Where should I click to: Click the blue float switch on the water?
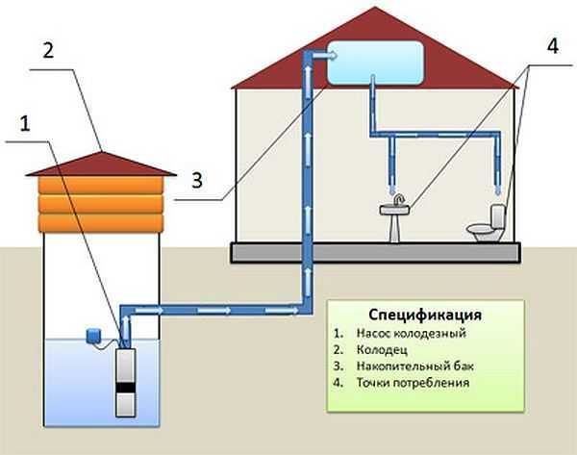click(95, 336)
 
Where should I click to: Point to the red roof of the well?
click(101, 164)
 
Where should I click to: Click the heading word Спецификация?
click(424, 316)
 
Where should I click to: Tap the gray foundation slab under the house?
click(376, 253)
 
